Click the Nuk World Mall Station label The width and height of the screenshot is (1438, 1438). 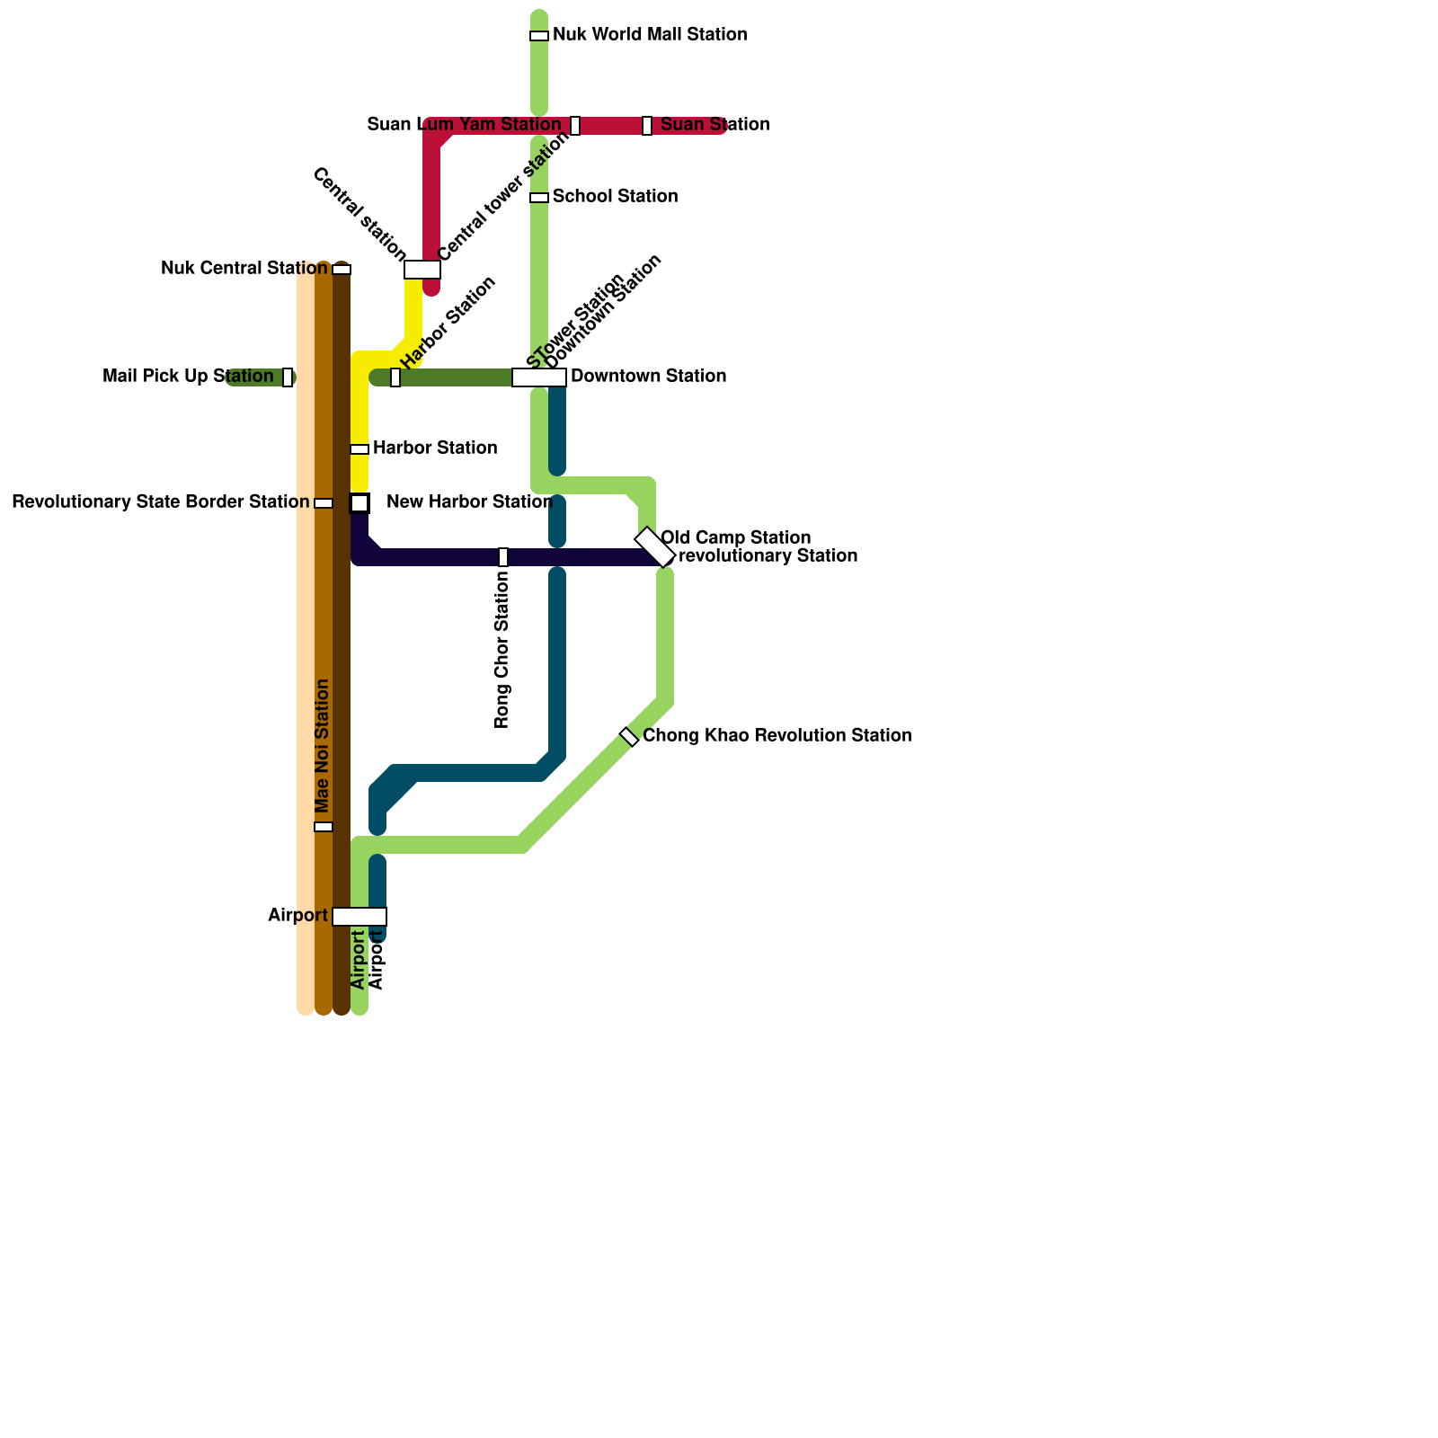tap(650, 35)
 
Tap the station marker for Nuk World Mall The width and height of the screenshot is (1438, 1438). tap(539, 36)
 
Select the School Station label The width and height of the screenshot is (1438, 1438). tap(615, 197)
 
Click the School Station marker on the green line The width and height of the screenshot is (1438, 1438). tap(539, 198)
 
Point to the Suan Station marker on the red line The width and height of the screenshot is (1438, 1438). tap(647, 126)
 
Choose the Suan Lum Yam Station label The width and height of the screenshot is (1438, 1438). tap(464, 125)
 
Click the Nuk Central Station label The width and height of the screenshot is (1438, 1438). tap(244, 269)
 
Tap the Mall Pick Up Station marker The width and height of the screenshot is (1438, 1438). tap(288, 377)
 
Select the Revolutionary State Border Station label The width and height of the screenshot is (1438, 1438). tap(160, 502)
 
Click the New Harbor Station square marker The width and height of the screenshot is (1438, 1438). tap(359, 503)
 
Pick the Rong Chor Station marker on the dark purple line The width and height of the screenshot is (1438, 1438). tap(503, 557)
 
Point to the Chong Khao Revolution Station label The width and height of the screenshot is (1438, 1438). tap(777, 736)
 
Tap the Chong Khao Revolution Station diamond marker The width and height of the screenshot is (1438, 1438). tap(629, 737)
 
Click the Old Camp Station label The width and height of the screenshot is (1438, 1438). tap(735, 538)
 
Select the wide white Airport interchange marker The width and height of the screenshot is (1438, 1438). tap(359, 917)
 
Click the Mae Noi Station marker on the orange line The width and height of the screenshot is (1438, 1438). tap(324, 827)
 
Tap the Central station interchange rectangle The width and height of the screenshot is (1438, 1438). tap(422, 270)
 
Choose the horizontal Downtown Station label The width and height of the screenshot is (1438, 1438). tap(648, 377)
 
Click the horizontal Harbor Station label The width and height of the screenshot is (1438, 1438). tap(435, 448)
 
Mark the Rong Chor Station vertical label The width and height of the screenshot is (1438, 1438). tap(502, 650)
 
